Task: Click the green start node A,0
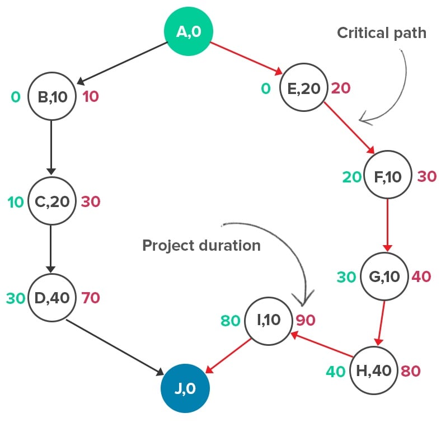[x=187, y=31]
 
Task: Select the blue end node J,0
[x=185, y=388]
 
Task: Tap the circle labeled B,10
[x=51, y=97]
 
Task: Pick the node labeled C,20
[x=51, y=201]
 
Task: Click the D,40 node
[x=51, y=298]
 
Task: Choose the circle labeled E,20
[x=303, y=88]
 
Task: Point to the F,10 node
[x=388, y=177]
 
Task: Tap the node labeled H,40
[x=373, y=371]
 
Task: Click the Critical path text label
[x=381, y=33]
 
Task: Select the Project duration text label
[x=201, y=246]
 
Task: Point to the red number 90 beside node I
[x=306, y=320]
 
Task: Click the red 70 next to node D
[x=91, y=298]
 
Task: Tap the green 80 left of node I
[x=230, y=321]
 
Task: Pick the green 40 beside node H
[x=335, y=371]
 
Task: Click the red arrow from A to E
[x=246, y=57]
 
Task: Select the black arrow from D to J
[x=115, y=347]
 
